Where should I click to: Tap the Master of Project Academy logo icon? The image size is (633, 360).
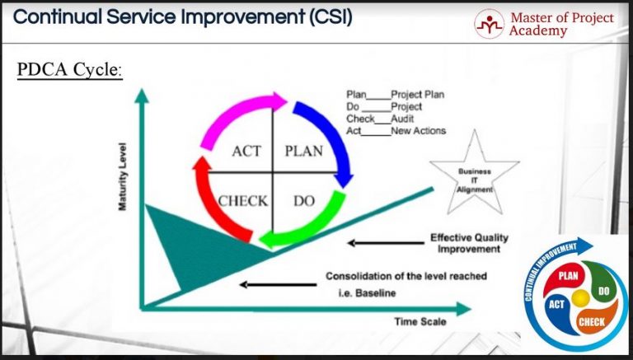489,25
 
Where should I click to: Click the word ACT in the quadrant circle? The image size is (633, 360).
246,152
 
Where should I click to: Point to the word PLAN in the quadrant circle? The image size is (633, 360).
303,152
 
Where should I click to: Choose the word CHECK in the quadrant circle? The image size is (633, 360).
243,200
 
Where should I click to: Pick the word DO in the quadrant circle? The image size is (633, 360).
304,200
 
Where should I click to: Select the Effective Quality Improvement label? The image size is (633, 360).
468,243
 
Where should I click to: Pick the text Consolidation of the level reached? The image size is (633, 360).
406,276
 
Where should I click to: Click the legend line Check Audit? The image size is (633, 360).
384,119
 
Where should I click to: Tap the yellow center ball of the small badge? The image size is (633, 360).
581,296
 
